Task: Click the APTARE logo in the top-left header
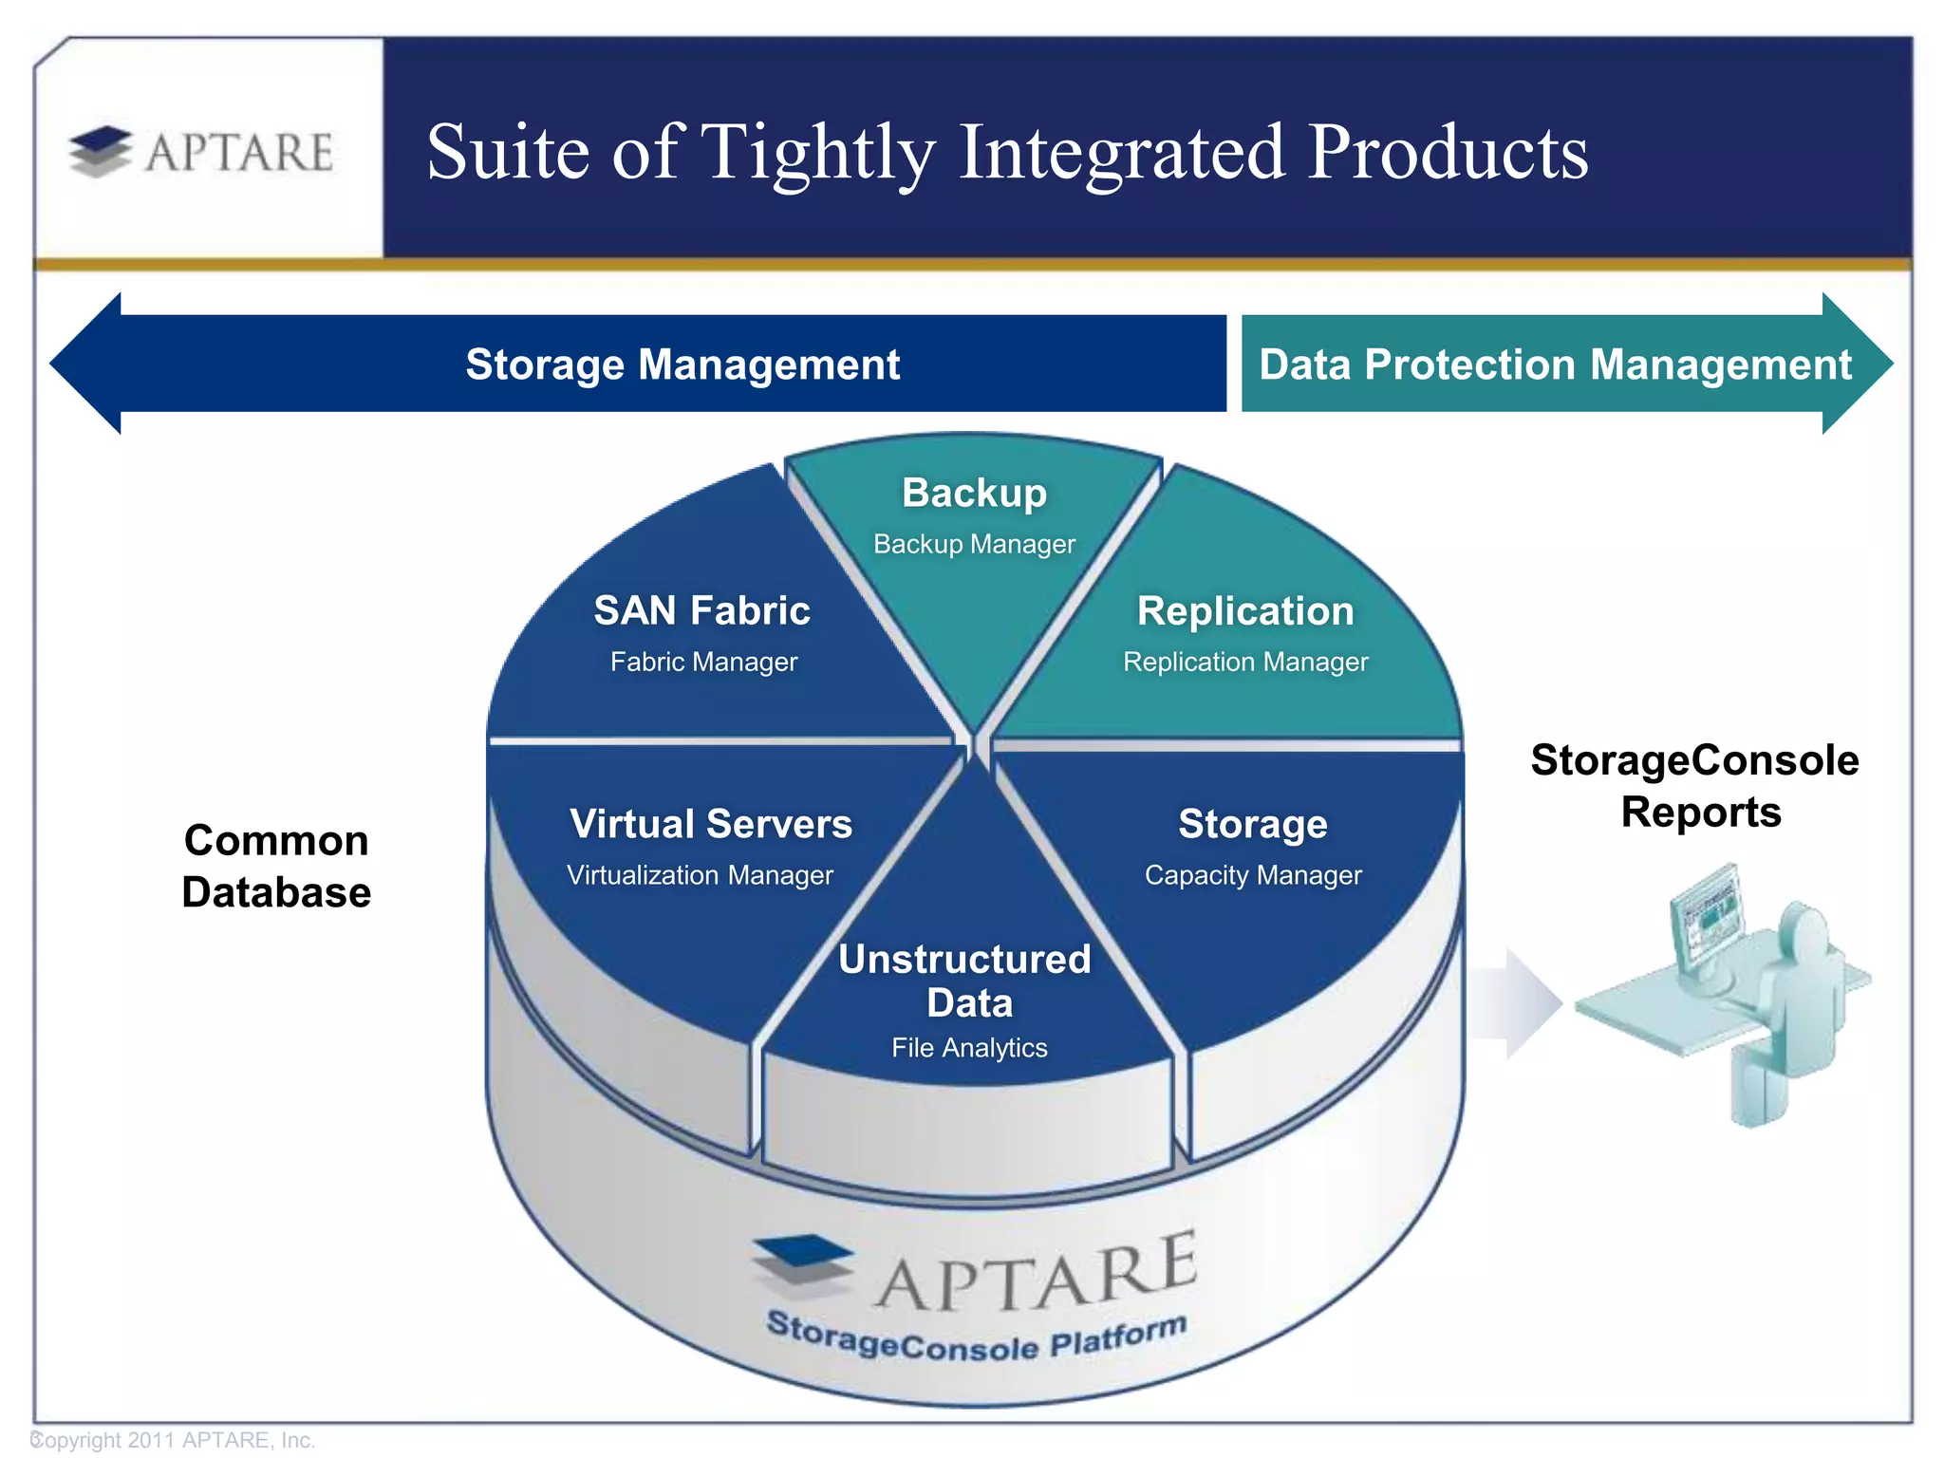point(202,152)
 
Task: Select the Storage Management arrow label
point(682,364)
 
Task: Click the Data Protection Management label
point(1555,364)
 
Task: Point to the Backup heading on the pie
point(974,493)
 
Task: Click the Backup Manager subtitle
point(974,544)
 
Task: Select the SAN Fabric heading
point(701,610)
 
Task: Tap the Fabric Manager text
point(703,662)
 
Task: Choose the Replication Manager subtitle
point(1245,662)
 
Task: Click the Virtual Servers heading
point(711,824)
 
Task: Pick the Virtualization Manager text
point(700,875)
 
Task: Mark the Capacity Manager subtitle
point(1253,875)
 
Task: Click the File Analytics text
point(969,1048)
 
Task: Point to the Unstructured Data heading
point(966,981)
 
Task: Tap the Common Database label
point(276,867)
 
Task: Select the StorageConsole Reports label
point(1696,786)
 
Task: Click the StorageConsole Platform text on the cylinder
point(976,1338)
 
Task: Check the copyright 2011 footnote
point(174,1440)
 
